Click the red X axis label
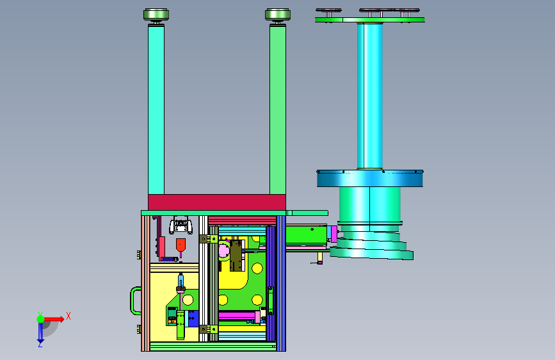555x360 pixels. pyautogui.click(x=68, y=316)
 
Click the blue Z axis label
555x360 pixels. pyautogui.click(x=40, y=343)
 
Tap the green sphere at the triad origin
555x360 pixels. pyautogui.click(x=40, y=319)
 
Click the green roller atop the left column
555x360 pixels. pyautogui.click(x=156, y=15)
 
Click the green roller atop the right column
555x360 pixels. pyautogui.click(x=278, y=15)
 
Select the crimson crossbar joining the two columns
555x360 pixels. pyautogui.click(x=217, y=202)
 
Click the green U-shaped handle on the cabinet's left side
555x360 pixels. pyautogui.click(x=135, y=301)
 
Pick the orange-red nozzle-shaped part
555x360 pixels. pyautogui.click(x=181, y=245)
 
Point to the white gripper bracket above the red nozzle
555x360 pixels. pyautogui.click(x=181, y=226)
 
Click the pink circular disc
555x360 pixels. pyautogui.click(x=224, y=251)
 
